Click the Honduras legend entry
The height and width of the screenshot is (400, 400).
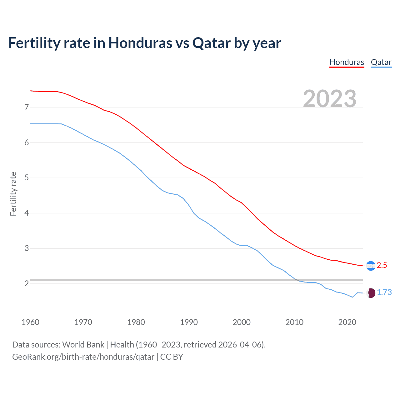(347, 62)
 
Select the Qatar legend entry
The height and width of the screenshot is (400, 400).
(381, 62)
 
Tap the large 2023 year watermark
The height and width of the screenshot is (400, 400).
(329, 99)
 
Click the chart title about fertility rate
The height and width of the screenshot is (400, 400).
(144, 43)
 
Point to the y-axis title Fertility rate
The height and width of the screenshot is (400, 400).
(13, 194)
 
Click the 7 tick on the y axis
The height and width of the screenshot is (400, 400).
(27, 107)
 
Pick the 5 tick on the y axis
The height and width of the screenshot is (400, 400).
(27, 178)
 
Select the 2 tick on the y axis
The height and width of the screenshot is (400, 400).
(27, 283)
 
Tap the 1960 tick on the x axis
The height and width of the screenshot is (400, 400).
(30, 322)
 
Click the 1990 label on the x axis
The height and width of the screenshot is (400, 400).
(189, 322)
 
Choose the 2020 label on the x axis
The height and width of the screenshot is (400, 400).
(347, 322)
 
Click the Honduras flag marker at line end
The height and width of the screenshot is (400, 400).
(371, 266)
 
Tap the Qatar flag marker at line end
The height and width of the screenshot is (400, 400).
(371, 293)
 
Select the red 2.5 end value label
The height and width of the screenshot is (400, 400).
(382, 265)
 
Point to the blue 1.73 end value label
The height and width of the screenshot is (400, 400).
(384, 292)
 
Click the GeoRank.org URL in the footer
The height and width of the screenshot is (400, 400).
(83, 357)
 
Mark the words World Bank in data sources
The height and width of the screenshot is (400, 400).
(83, 345)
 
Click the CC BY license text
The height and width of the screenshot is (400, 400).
(172, 357)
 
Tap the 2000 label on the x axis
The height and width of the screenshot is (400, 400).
(242, 322)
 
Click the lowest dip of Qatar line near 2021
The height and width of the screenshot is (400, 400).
(352, 297)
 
